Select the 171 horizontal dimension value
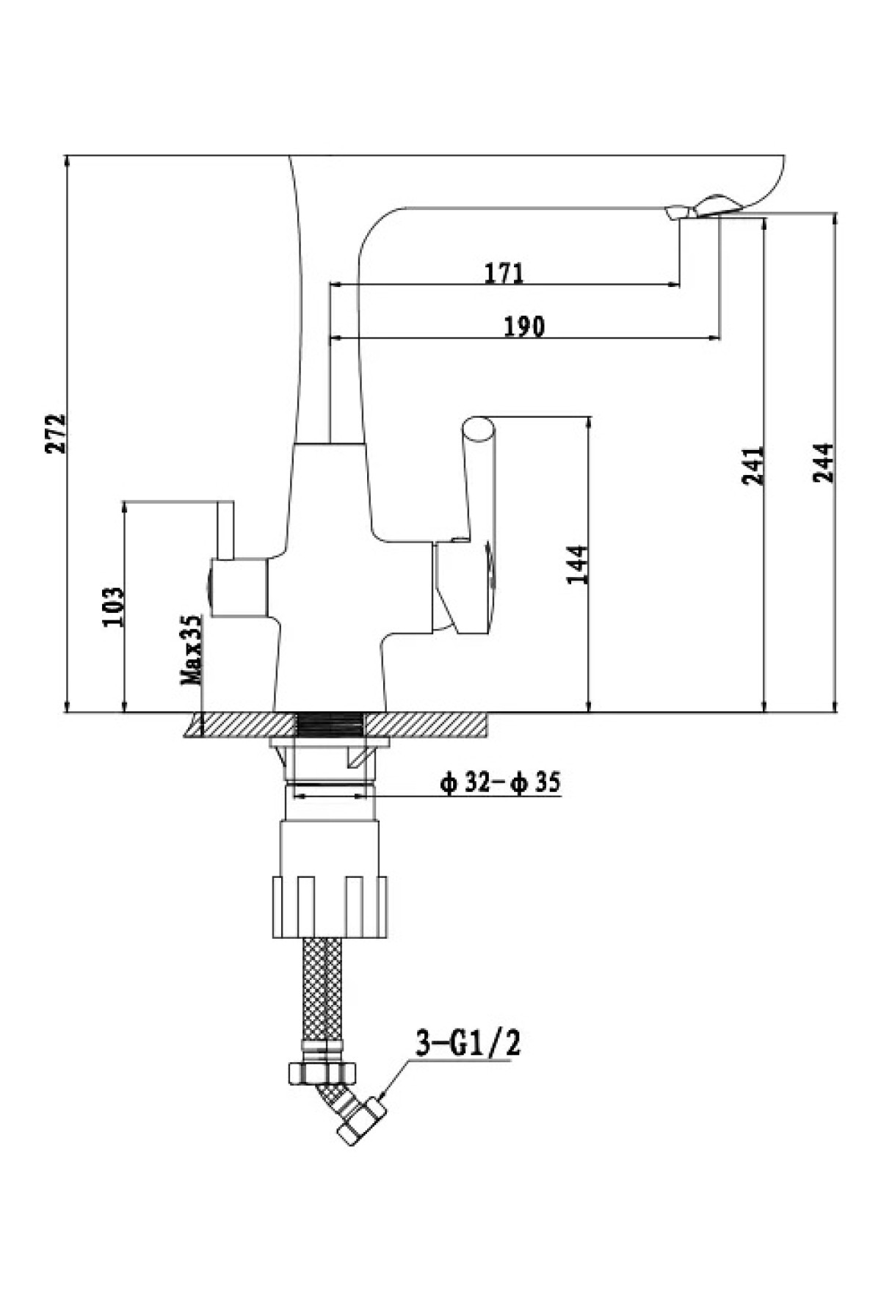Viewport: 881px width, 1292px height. pyautogui.click(x=504, y=273)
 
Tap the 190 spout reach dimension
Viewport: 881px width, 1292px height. pyautogui.click(x=524, y=326)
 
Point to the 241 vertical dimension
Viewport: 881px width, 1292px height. pyautogui.click(x=753, y=465)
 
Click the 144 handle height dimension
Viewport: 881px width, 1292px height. pyautogui.click(x=578, y=564)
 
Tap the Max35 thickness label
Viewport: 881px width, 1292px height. pyautogui.click(x=192, y=650)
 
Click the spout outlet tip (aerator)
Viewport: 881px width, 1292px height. pyautogui.click(x=678, y=212)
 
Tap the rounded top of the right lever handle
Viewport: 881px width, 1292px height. pyautogui.click(x=478, y=429)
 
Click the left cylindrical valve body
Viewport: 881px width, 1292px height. pyautogui.click(x=238, y=587)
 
